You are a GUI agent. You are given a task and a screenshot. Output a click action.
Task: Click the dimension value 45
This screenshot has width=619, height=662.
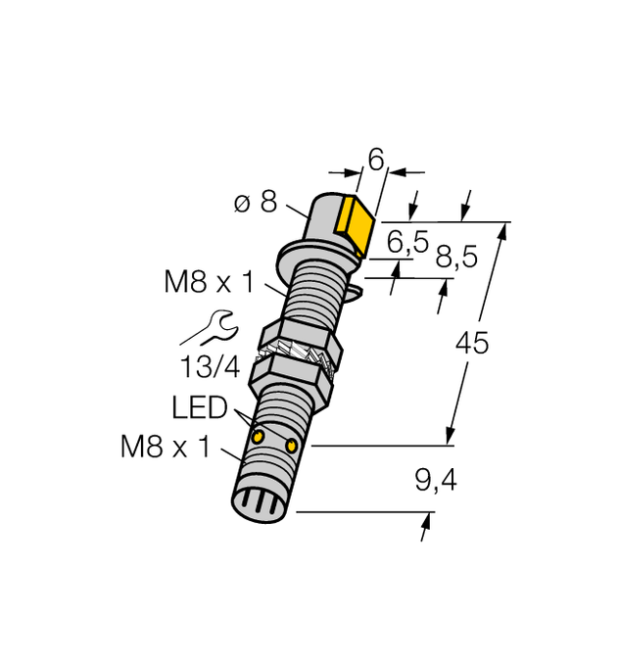(472, 343)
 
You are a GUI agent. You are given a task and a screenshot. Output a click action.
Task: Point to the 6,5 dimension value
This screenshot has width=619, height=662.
(407, 242)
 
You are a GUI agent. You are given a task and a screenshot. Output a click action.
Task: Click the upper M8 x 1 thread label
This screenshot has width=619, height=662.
(209, 283)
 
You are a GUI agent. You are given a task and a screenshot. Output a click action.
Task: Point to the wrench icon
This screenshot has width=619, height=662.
(207, 327)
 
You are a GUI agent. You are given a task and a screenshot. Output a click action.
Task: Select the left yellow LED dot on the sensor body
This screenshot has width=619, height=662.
(259, 435)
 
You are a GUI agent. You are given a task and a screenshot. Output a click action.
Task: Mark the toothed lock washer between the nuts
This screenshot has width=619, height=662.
(298, 354)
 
